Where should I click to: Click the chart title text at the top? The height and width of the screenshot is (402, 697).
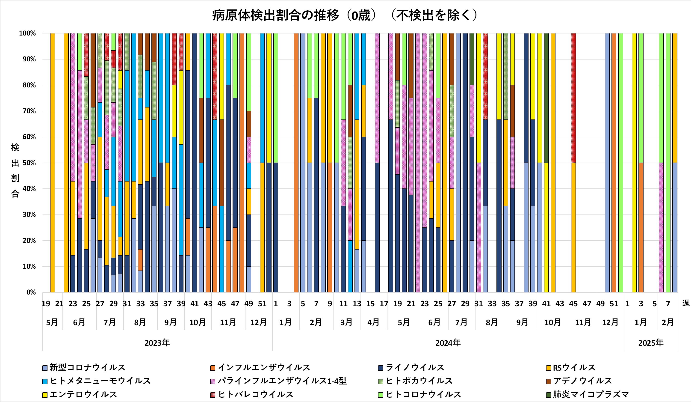click(x=345, y=15)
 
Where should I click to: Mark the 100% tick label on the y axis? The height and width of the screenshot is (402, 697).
click(x=27, y=33)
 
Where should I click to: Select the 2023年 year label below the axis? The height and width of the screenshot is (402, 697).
click(x=157, y=343)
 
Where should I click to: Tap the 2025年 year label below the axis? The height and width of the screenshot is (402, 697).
click(x=651, y=343)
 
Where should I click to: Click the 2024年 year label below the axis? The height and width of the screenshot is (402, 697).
click(x=448, y=343)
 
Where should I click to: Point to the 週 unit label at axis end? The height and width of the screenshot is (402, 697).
click(x=686, y=303)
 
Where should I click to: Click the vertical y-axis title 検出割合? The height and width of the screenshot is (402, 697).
click(x=15, y=170)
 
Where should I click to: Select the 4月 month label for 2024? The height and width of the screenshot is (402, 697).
click(x=373, y=322)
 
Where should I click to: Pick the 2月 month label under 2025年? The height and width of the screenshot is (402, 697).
click(x=667, y=322)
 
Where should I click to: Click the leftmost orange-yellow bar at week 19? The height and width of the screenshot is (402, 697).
click(x=52, y=163)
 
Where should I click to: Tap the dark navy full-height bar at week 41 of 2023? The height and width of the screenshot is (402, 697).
click(x=195, y=163)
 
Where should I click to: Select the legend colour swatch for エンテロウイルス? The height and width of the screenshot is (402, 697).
click(x=45, y=395)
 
